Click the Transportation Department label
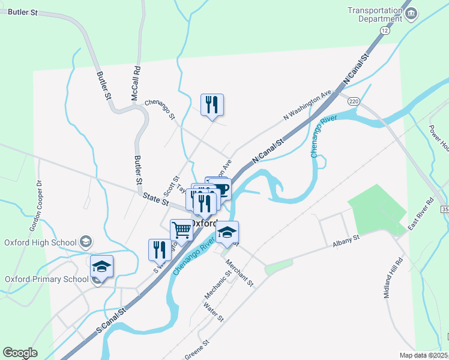point(375,14)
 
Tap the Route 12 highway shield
point(385,29)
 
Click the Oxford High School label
point(40,242)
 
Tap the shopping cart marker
point(181,229)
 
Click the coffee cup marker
point(221,189)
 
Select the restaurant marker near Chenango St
point(212,105)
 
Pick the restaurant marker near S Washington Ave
point(160,250)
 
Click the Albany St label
point(345,239)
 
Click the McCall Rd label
point(136,83)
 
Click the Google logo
point(20,353)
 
